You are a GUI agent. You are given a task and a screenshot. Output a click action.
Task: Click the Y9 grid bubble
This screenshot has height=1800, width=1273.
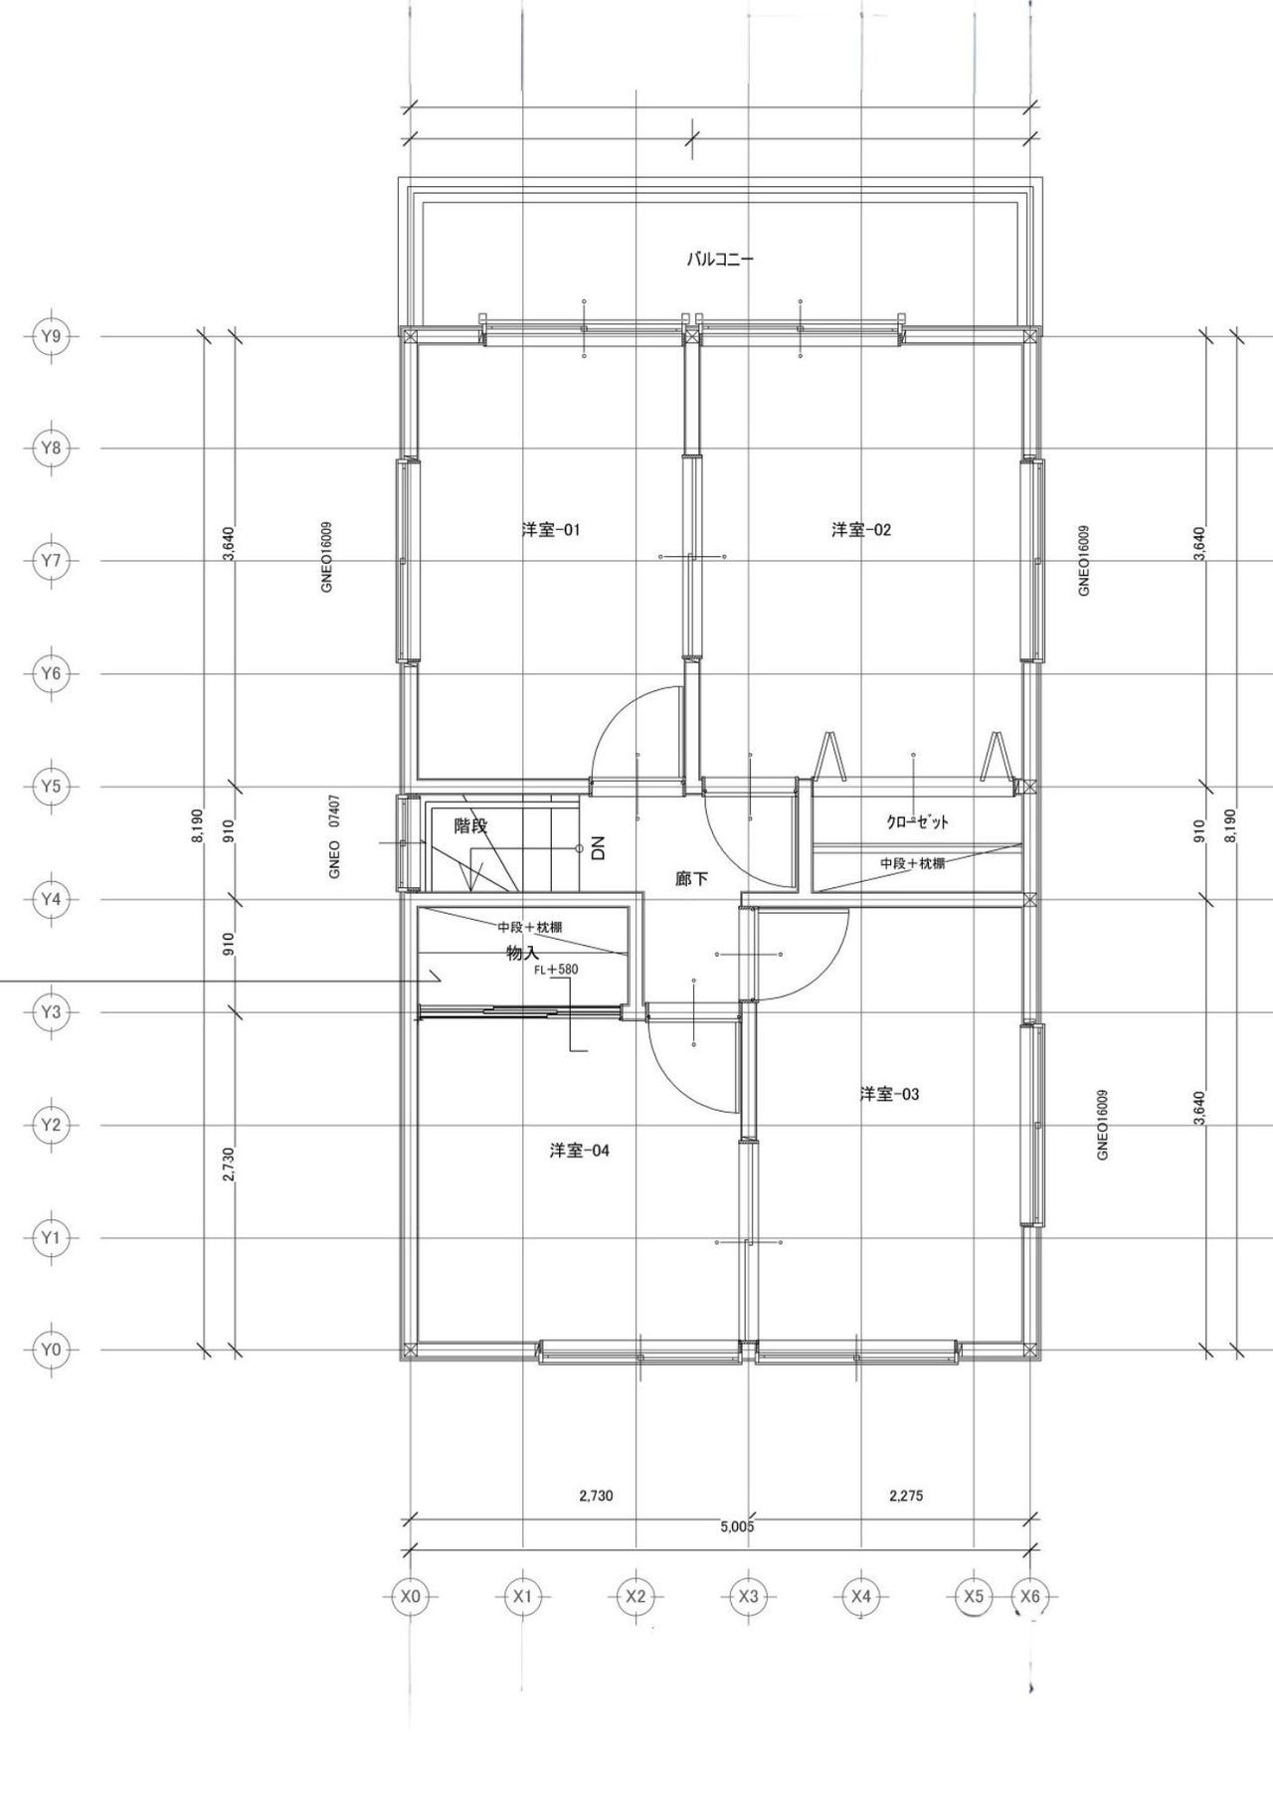pyautogui.click(x=50, y=336)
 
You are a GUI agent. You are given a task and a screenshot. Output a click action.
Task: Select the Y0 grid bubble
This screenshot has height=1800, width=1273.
pyautogui.click(x=50, y=1350)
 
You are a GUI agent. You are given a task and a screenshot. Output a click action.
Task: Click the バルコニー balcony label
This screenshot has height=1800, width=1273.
pyautogui.click(x=720, y=260)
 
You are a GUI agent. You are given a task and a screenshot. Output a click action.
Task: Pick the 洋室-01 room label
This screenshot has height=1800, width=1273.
pyautogui.click(x=551, y=530)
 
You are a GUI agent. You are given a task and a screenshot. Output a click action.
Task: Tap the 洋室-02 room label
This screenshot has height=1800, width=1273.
pyautogui.click(x=861, y=530)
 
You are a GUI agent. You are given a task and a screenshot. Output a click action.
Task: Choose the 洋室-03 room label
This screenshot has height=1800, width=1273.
pyautogui.click(x=889, y=1094)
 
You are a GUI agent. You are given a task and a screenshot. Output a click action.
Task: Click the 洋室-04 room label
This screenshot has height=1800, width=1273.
pyautogui.click(x=579, y=1151)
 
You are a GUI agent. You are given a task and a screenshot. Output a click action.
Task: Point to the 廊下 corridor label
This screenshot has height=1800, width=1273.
pyautogui.click(x=691, y=879)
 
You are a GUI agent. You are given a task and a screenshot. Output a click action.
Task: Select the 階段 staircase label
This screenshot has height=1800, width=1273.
pyautogui.click(x=470, y=825)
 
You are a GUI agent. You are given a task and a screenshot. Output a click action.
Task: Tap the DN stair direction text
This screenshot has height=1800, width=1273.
pyautogui.click(x=598, y=848)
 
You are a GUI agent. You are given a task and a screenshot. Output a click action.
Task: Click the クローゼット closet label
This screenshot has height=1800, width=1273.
pyautogui.click(x=918, y=822)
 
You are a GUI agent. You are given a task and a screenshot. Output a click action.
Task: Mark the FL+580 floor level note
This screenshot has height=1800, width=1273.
pyautogui.click(x=556, y=970)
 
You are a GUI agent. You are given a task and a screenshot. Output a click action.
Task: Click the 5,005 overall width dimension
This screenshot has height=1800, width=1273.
pyautogui.click(x=737, y=1527)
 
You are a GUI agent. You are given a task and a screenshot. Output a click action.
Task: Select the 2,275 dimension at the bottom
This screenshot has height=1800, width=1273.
pyautogui.click(x=906, y=1495)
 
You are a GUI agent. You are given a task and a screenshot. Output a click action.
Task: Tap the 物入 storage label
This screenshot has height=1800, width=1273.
pyautogui.click(x=523, y=953)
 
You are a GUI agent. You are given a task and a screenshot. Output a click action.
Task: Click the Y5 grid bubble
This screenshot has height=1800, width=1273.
pyautogui.click(x=50, y=787)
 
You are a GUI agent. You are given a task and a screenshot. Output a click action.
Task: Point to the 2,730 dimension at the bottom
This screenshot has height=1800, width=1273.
pyautogui.click(x=596, y=1495)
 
